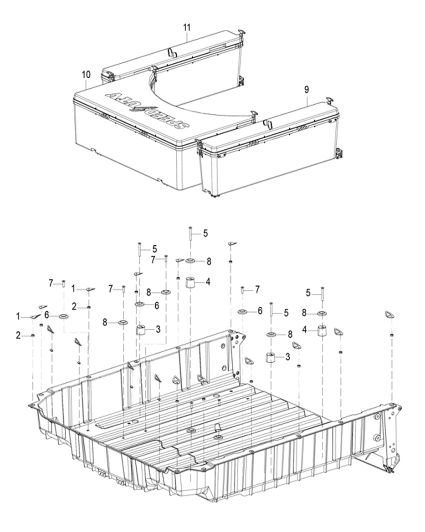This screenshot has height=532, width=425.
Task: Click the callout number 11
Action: point(187,27)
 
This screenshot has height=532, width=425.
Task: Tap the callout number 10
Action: point(87,74)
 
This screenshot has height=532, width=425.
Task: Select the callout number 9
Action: point(307,90)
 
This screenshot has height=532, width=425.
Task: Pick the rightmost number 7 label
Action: point(257,289)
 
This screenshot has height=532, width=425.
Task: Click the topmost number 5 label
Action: point(205,233)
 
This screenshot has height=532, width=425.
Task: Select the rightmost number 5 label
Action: point(308,294)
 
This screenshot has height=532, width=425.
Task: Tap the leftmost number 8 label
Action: point(105,322)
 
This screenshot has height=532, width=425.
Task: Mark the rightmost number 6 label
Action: point(260,311)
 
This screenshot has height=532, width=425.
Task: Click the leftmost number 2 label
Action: point(18,335)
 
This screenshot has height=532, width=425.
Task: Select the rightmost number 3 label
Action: point(287,357)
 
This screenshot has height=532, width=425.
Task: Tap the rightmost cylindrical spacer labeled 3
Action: point(271,357)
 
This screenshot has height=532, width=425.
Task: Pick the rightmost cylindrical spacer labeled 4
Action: point(322,330)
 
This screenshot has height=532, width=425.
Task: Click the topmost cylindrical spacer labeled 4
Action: point(190,282)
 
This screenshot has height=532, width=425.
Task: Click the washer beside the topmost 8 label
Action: point(190,261)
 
